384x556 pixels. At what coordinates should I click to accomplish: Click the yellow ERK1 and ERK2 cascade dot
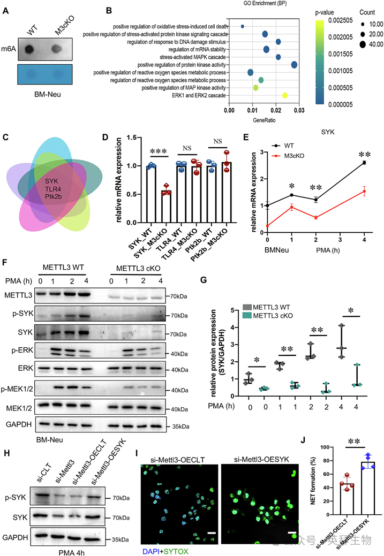click(284, 95)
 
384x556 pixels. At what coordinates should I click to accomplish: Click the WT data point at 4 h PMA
click(364, 163)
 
